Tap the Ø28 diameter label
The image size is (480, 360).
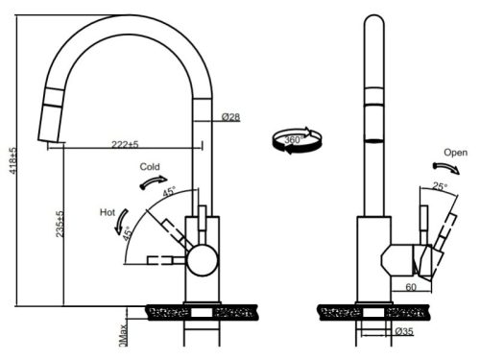(230, 117)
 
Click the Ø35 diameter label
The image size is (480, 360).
(405, 332)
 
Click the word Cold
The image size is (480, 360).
(150, 166)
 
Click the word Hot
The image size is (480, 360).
(108, 211)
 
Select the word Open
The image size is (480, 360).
(456, 153)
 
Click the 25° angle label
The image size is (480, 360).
(440, 186)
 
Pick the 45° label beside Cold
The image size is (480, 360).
(170, 192)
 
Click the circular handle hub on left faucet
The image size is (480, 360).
(201, 259)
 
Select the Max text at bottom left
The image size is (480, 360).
(123, 335)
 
